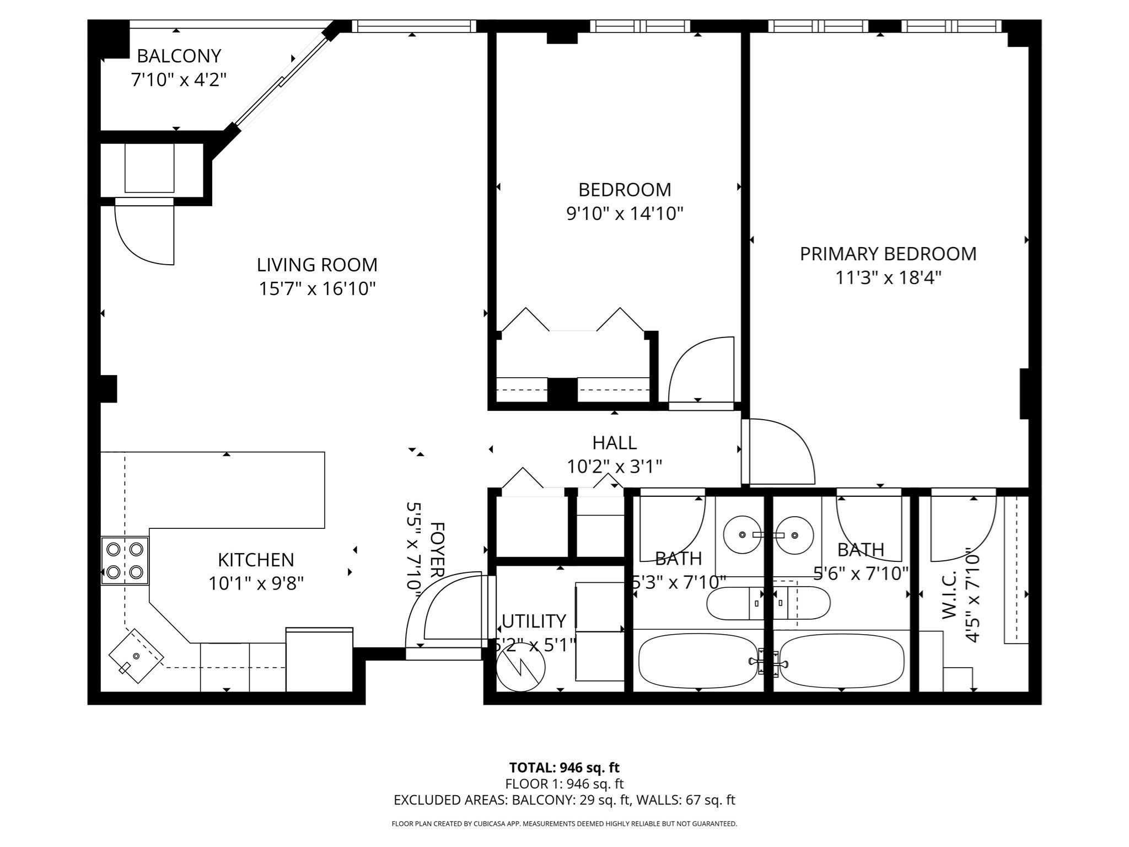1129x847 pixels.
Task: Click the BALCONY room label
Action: coord(179,56)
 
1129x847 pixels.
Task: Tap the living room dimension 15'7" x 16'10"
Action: coord(317,288)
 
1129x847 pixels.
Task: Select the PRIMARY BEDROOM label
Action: coord(888,254)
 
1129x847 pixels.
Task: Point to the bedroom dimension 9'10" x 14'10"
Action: coord(625,213)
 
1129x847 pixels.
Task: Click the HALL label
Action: coord(614,442)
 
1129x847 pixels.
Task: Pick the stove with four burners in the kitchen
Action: coord(125,560)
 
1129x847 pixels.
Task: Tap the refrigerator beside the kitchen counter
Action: coord(319,660)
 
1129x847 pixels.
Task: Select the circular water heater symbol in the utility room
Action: coord(520,667)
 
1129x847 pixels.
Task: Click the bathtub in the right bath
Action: coord(842,661)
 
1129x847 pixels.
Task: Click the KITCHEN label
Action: coord(256,560)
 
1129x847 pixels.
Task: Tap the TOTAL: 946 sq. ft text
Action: coord(564,768)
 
